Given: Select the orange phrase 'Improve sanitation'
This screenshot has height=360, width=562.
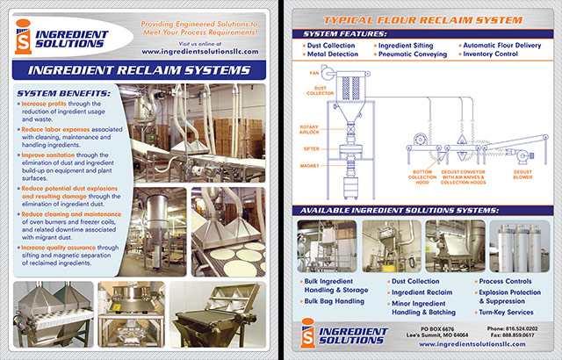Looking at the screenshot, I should (x=52, y=153).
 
